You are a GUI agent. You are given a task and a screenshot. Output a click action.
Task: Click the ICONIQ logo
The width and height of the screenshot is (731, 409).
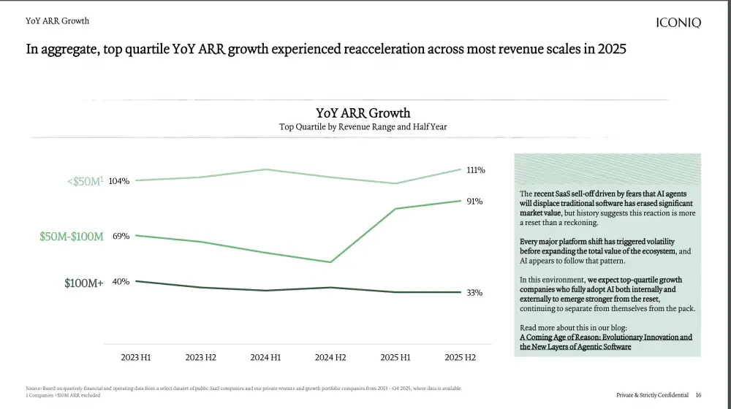pyautogui.click(x=678, y=23)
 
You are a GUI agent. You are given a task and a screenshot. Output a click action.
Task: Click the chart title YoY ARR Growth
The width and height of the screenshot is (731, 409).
pyautogui.click(x=363, y=113)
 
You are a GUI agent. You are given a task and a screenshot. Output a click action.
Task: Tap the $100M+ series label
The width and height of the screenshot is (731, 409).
pyautogui.click(x=84, y=283)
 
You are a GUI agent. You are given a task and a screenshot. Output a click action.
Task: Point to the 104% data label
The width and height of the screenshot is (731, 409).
pyautogui.click(x=119, y=181)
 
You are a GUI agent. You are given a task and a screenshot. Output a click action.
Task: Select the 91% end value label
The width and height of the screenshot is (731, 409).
pyautogui.click(x=474, y=201)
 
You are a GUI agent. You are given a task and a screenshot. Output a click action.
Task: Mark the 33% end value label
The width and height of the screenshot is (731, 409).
pyautogui.click(x=474, y=293)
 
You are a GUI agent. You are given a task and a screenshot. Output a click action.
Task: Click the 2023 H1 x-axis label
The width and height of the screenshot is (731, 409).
pyautogui.click(x=136, y=357)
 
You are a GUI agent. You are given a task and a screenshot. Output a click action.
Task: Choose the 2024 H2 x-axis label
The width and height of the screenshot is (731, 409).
pyautogui.click(x=330, y=357)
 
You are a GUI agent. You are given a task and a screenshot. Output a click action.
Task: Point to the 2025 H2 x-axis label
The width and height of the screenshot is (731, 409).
pyautogui.click(x=460, y=357)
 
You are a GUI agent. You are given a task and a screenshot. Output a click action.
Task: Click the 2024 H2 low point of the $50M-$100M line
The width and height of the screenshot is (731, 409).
pyautogui.click(x=330, y=262)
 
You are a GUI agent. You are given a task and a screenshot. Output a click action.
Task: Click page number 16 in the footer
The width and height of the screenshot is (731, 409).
pyautogui.click(x=699, y=395)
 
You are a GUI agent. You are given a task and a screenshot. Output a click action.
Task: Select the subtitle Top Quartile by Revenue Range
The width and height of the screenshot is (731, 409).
pyautogui.click(x=363, y=126)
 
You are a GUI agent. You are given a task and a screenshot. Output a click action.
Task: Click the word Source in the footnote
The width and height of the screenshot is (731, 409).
pyautogui.click(x=34, y=388)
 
